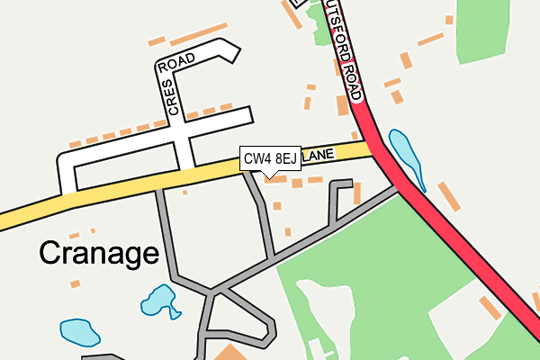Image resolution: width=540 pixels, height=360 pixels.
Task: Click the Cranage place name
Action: [x=98, y=254]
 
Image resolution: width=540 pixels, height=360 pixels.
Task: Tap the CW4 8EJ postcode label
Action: [x=270, y=159]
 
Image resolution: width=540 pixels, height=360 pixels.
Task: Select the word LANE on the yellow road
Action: [x=319, y=157]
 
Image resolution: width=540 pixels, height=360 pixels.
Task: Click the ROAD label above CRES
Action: [x=176, y=63]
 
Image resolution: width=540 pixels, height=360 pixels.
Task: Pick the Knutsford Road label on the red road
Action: [x=348, y=49]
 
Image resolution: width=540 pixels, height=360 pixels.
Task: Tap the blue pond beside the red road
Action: [x=404, y=156]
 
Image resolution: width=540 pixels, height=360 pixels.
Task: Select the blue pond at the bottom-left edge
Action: [x=79, y=331]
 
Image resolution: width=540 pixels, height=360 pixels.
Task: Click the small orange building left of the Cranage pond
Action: [x=76, y=283]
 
